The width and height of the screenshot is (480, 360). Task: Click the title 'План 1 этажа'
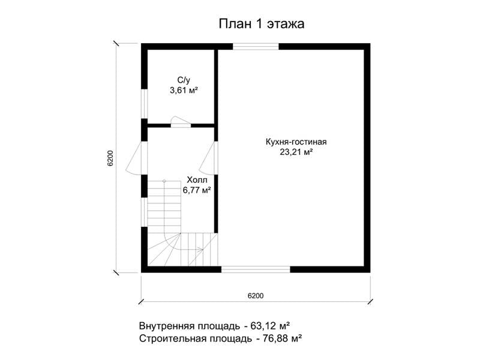pos(262,24)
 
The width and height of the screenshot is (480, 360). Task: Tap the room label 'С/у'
pos(184,80)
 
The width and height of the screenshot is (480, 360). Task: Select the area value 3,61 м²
pos(184,91)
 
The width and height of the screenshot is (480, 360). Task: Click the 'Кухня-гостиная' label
pos(296,142)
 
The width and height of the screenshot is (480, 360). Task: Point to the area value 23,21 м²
pos(296,152)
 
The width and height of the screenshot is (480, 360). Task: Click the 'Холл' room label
pos(197,179)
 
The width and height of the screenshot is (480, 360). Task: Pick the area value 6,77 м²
pos(197,190)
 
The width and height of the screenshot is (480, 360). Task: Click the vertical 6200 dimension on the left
pos(110,158)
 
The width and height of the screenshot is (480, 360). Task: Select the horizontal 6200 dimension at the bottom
pos(256,296)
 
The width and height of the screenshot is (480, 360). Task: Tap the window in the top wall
pos(256,47)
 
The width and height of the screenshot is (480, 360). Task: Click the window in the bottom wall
pos(256,269)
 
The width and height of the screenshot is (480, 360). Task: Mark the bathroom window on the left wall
pos(144,103)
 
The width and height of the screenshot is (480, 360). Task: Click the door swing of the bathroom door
pos(181,121)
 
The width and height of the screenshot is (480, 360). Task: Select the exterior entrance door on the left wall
pos(137,158)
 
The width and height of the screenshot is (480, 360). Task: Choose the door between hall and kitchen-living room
pos(209,158)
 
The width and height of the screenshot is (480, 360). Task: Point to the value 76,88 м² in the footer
pos(283,338)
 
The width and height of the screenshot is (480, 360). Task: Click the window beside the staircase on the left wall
pos(144,212)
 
